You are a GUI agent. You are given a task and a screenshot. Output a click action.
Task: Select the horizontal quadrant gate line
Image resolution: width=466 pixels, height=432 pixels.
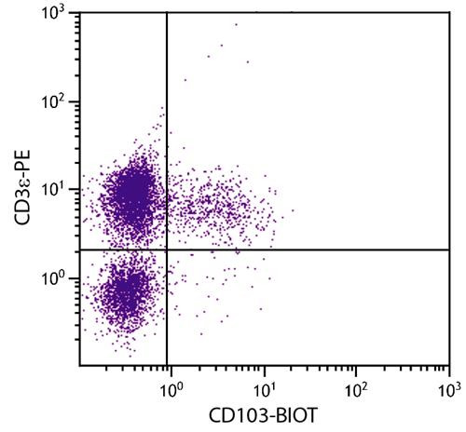[308, 250]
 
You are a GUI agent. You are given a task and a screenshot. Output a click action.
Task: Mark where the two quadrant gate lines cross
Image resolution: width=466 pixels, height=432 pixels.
[167, 250]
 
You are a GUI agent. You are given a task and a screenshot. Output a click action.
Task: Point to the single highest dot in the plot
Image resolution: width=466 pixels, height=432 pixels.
[236, 25]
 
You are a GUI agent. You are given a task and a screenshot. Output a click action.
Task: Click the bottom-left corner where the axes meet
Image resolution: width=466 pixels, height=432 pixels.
[78, 365]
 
